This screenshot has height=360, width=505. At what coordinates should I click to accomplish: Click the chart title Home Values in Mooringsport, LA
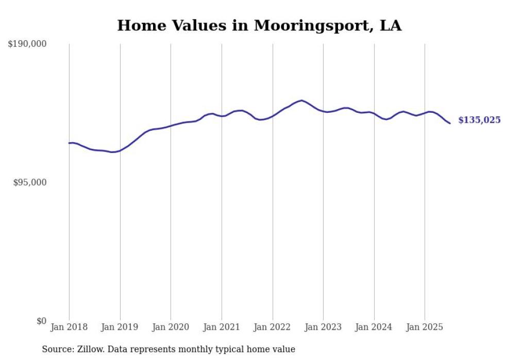coord(259,25)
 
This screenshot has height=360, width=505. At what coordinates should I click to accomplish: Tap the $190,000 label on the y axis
coord(27,44)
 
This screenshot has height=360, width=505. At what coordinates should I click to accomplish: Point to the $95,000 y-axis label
coord(29,182)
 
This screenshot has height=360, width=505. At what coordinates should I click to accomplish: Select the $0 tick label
coord(41,321)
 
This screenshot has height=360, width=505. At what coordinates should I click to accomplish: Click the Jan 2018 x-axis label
coord(69,327)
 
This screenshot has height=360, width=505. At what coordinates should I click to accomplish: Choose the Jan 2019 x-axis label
coord(120,327)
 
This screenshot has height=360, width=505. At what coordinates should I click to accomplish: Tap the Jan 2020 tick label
coord(171,327)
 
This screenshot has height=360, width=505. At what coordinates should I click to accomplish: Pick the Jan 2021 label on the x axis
coord(222,327)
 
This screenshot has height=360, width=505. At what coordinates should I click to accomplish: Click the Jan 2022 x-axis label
coord(273,327)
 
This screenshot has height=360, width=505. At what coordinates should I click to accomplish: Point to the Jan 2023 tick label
coord(323,327)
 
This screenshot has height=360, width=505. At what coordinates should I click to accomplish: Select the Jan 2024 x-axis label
coord(374,327)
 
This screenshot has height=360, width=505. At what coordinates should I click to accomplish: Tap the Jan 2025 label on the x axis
coord(425,327)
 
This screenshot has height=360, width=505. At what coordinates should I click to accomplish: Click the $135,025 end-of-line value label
coord(479,120)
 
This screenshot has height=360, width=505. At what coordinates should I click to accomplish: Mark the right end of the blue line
coord(450,123)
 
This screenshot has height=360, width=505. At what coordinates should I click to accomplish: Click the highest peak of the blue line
coord(301,100)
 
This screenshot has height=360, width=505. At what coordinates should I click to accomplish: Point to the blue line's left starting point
coord(69,143)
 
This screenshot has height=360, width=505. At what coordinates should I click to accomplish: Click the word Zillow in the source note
coord(91,349)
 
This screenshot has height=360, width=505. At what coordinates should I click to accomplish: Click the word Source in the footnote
coord(57,349)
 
